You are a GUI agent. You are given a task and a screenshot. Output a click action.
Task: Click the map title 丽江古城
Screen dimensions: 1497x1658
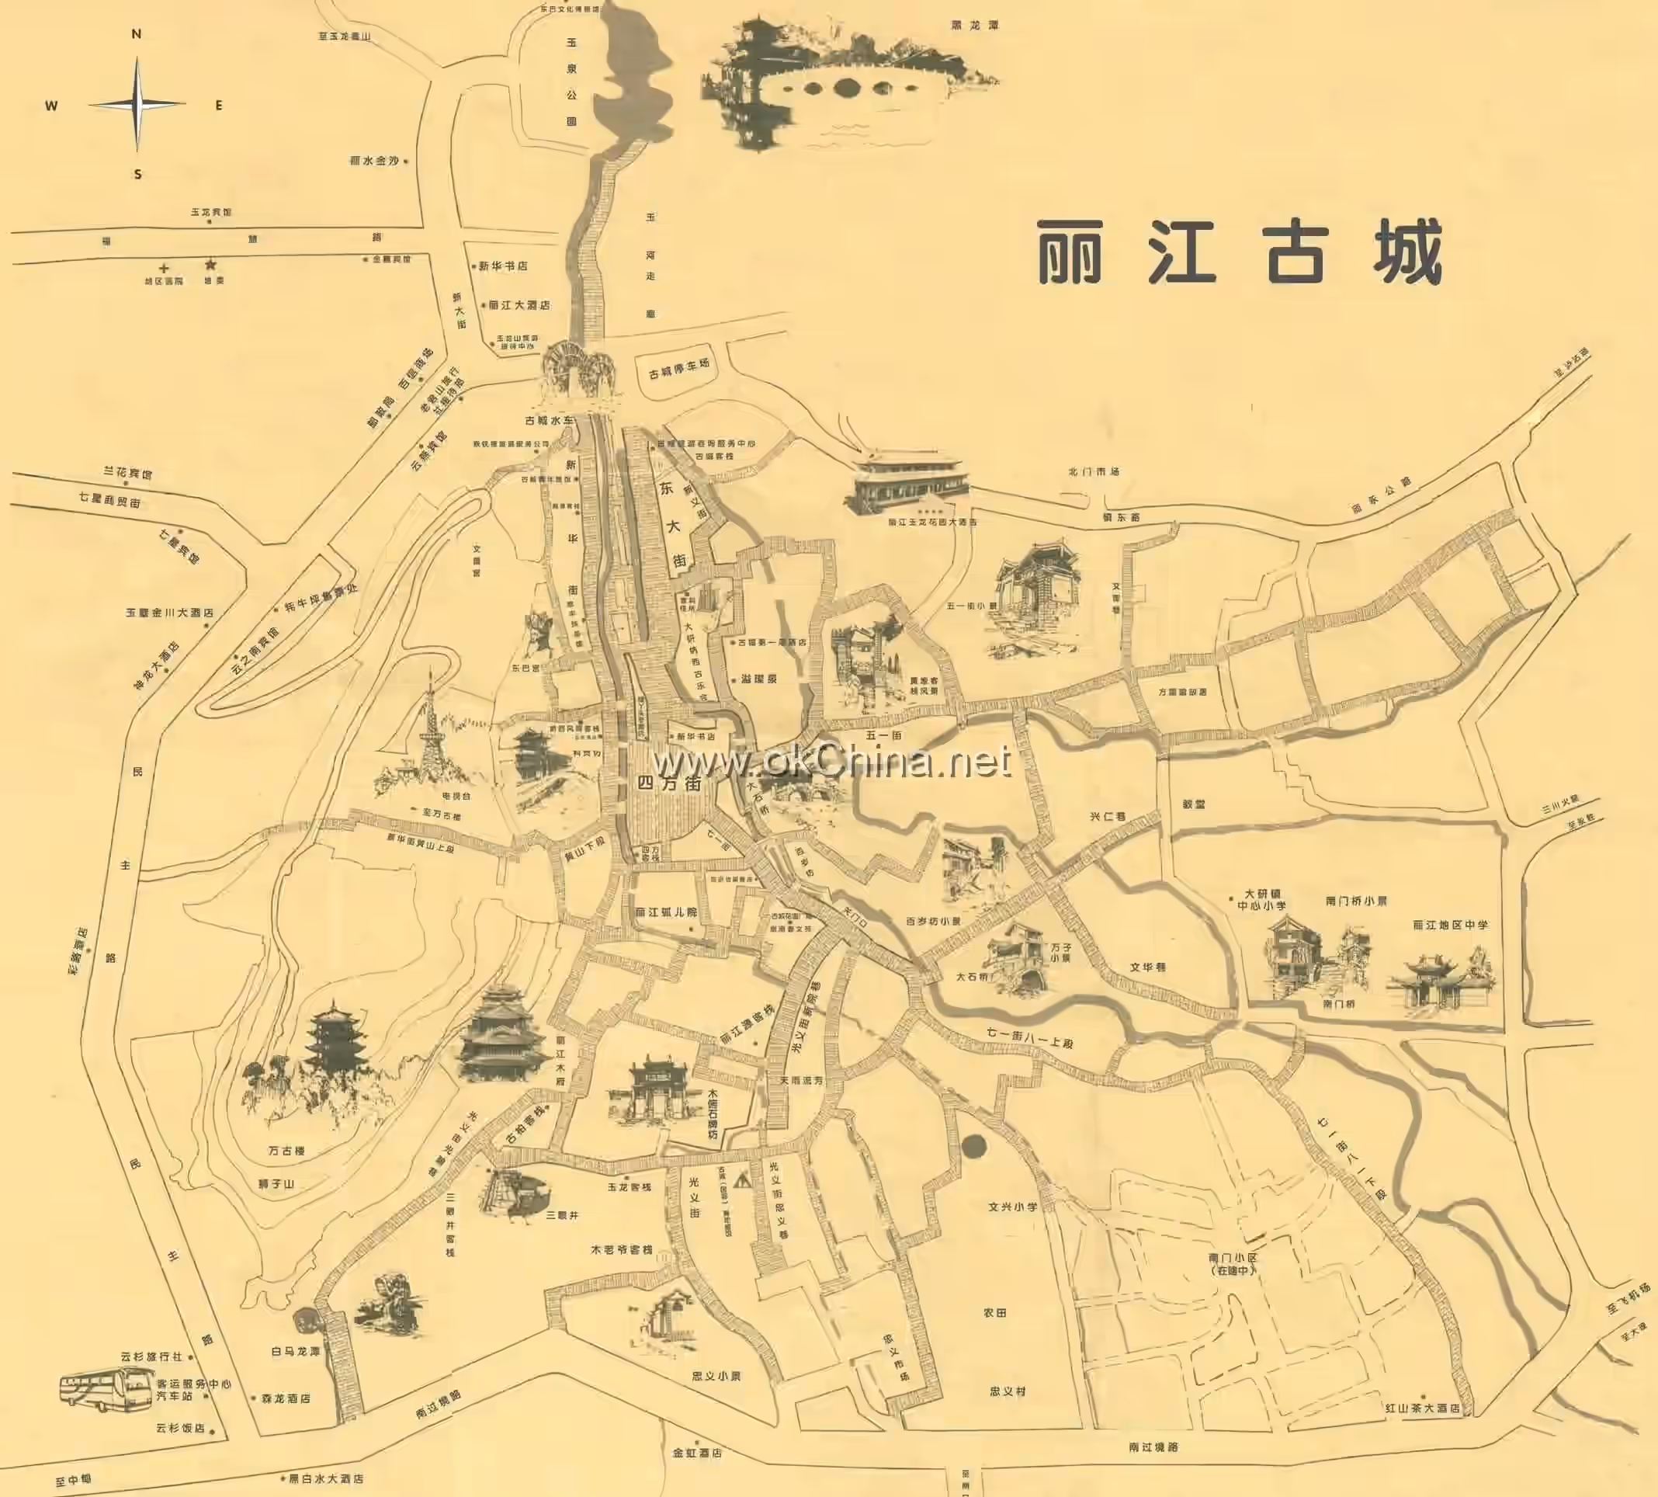(1240, 252)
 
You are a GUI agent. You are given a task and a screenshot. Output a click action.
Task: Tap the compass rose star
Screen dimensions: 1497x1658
(137, 105)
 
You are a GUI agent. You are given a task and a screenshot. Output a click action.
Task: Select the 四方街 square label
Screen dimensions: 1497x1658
(669, 784)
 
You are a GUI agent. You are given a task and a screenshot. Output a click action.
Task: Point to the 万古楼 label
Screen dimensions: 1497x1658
(286, 1151)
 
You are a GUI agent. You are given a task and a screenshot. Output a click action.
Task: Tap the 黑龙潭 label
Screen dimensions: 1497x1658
(975, 26)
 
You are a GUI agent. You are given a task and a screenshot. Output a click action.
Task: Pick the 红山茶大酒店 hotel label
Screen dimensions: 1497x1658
(1422, 1408)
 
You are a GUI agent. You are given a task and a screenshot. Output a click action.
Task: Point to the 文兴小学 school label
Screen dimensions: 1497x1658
(1012, 1207)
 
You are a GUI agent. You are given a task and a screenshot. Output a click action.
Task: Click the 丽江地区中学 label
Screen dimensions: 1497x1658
(1451, 926)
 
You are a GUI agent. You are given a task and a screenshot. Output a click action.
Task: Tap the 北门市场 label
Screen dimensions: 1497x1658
(1094, 472)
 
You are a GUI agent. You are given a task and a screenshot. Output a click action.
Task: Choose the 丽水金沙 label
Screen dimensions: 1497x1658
(375, 162)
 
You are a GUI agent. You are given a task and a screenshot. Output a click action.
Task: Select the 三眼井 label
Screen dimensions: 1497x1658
(563, 1215)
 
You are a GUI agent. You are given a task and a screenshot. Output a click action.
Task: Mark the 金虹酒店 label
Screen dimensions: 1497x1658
(697, 1454)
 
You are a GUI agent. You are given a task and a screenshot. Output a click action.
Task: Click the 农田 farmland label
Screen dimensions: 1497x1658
(995, 1313)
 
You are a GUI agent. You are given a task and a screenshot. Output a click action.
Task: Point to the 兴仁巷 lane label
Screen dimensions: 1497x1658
(1107, 817)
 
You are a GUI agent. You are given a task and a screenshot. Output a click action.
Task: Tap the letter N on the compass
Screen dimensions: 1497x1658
(137, 34)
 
